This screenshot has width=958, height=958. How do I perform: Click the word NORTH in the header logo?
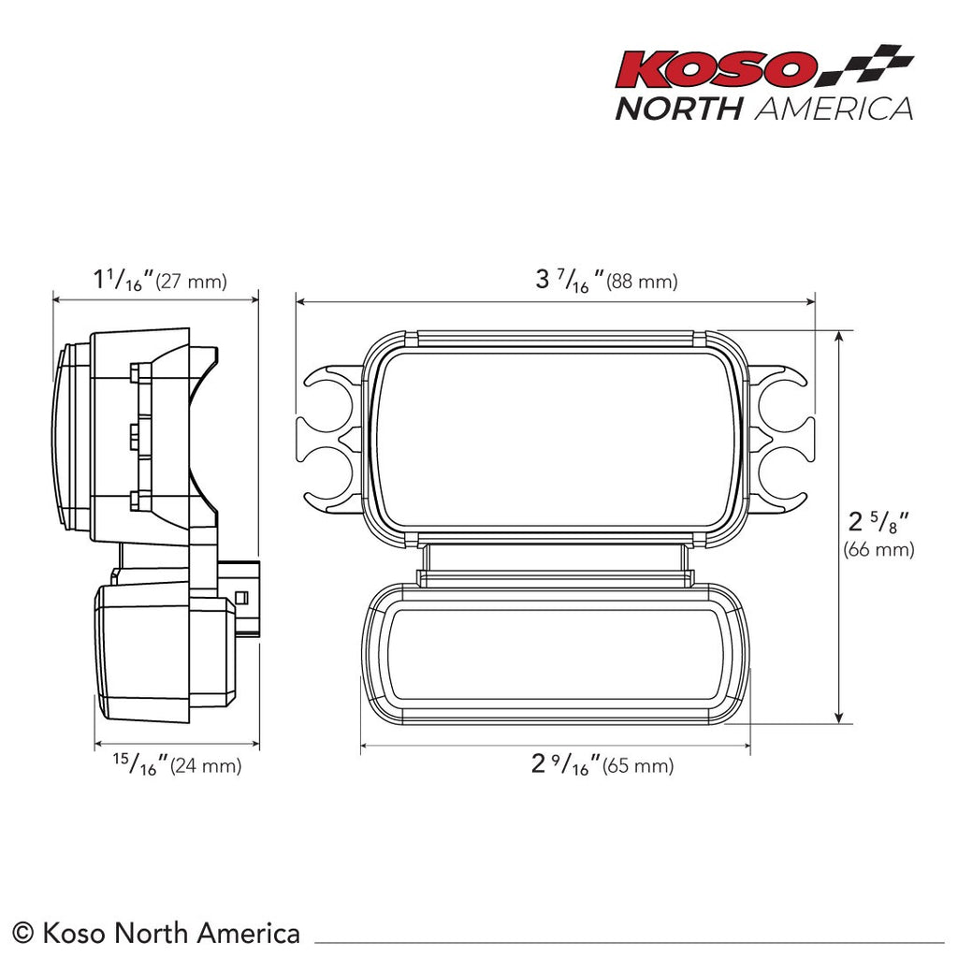point(678,109)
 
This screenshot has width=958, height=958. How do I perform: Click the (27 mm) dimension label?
point(191,282)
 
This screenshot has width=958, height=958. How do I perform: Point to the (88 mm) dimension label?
point(642,282)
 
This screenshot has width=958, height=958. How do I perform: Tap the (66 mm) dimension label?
point(878,550)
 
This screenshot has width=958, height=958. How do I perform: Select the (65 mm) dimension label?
point(638,766)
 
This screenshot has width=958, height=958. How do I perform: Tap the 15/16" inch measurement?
point(139,764)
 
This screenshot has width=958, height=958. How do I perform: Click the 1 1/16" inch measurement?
point(123,280)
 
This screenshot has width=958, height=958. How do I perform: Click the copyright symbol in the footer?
point(25,933)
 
